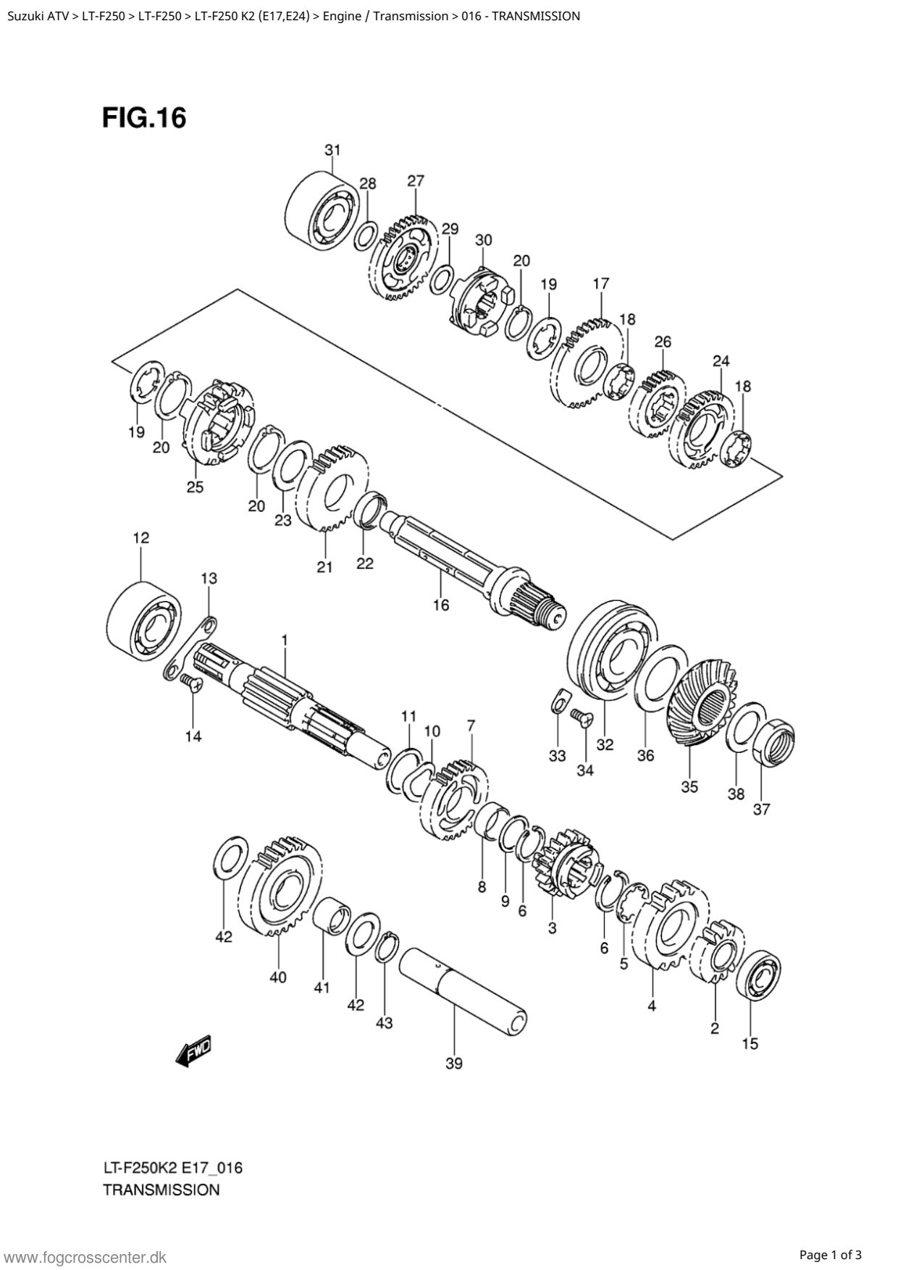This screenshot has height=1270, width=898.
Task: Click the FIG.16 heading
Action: click(144, 117)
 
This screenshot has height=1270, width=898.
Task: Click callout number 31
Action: click(332, 151)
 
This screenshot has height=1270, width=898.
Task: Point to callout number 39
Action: click(454, 1064)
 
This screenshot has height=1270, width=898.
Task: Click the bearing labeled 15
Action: click(758, 977)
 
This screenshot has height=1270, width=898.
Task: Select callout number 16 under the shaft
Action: click(440, 605)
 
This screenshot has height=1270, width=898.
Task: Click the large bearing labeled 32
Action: click(612, 649)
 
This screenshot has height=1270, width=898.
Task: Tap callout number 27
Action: click(416, 181)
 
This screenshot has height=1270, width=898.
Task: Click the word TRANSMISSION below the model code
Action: click(161, 1190)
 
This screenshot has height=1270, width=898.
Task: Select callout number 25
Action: click(195, 487)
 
